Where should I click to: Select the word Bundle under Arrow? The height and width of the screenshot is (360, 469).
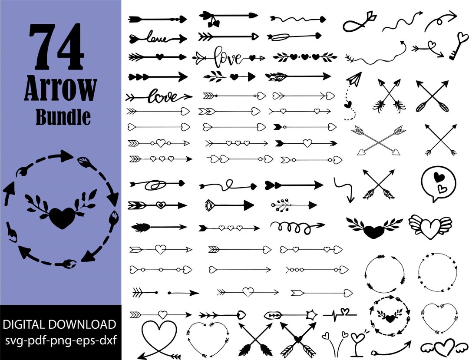63,117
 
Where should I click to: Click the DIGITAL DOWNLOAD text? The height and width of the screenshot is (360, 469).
60,324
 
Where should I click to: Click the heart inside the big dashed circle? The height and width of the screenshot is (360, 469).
63,218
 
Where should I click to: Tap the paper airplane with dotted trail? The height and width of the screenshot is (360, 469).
354,79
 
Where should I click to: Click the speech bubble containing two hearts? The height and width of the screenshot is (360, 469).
438,183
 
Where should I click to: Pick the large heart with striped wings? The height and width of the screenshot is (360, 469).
430,227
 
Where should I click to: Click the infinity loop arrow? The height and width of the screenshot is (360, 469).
358,22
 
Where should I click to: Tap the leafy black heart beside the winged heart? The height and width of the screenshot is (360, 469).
374,228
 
